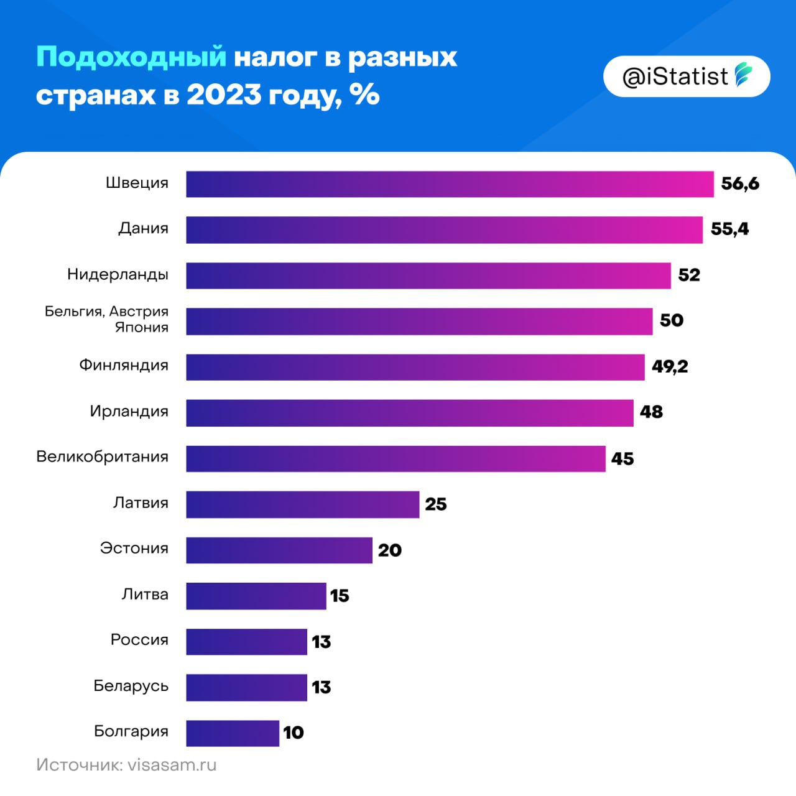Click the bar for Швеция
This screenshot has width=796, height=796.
coord(450,184)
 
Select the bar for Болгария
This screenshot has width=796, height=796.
coord(233,733)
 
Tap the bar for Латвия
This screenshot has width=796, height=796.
coord(303,504)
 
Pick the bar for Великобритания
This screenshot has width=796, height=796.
coord(396,458)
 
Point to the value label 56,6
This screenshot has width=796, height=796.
coord(740,183)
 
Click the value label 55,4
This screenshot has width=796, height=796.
coord(729,229)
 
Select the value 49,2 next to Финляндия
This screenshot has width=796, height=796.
coord(670,366)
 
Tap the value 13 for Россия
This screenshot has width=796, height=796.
coord(321,642)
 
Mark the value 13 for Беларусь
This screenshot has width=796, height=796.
coord(321,687)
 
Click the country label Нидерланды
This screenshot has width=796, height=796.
coord(118,274)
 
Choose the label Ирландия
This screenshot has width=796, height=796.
coord(129,411)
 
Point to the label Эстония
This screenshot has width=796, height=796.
coord(134,548)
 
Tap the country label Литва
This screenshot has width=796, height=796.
coord(144,595)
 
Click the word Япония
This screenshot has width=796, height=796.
coord(141,328)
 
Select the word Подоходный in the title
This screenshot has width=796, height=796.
coord(131,57)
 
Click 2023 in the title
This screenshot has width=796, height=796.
coord(224,95)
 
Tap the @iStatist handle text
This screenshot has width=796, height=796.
coord(675,76)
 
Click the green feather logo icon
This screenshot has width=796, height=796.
coord(743,75)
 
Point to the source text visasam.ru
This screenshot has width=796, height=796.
coord(172,765)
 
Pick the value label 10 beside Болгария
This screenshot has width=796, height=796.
coord(293,733)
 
